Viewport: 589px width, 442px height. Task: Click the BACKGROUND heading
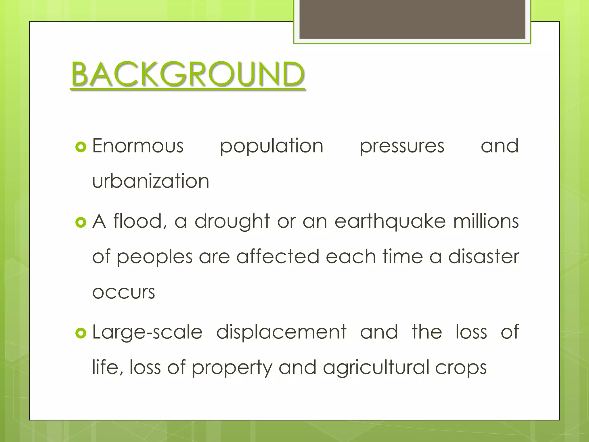188,74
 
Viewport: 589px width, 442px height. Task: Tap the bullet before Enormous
81,147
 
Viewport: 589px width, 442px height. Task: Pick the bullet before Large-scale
81,333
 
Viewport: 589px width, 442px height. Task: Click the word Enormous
138,146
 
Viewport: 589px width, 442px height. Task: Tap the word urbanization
151,181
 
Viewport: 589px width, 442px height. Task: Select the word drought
232,222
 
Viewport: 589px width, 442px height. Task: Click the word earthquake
390,222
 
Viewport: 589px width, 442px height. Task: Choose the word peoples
154,257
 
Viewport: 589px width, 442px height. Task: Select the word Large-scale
147,332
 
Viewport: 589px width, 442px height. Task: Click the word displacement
281,332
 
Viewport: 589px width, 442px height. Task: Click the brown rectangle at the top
412,19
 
